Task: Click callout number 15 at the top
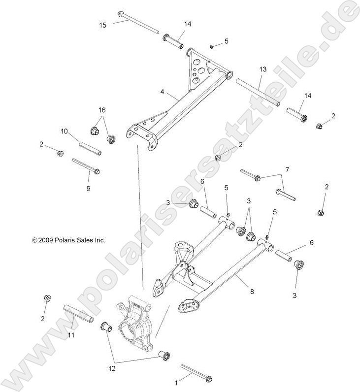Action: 102,25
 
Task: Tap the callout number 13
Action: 262,70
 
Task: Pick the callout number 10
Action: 64,131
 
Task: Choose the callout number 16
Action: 102,109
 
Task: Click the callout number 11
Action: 71,335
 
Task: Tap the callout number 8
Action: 252,292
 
